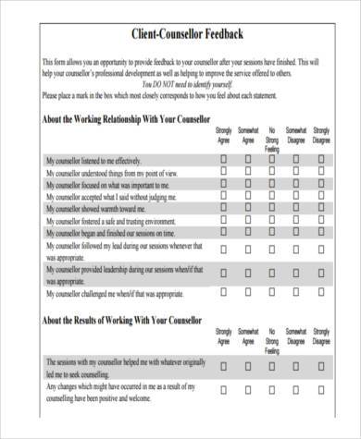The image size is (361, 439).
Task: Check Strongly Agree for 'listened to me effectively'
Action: [223, 159]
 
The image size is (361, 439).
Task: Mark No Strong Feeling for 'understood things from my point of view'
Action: [272, 172]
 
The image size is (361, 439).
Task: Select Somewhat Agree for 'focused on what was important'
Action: [248, 185]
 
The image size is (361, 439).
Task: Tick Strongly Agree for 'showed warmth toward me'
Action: [223, 210]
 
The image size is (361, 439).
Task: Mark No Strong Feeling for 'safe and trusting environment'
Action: [272, 223]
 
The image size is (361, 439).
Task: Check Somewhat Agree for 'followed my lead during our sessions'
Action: [248, 249]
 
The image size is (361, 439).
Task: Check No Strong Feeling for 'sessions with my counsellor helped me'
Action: [272, 366]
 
